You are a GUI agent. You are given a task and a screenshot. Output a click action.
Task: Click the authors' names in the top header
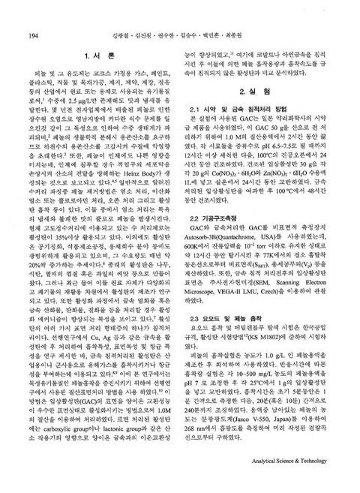180,36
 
